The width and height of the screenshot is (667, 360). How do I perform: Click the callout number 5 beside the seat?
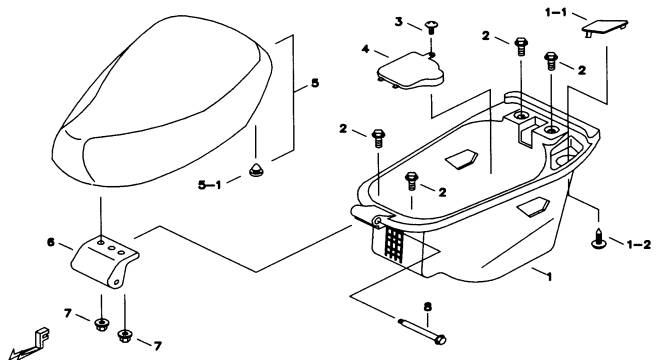pos(315,83)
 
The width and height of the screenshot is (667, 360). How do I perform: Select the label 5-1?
pos(210,185)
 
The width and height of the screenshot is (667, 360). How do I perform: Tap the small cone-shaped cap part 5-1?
pos(256,170)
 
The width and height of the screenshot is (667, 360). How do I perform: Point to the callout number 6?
pos(51,243)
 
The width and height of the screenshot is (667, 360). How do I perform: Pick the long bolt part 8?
pos(422,330)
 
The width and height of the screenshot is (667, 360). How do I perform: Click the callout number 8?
pos(428,306)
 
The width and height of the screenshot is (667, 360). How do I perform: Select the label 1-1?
pos(556,13)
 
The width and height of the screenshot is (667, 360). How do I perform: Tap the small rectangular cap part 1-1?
pos(604,28)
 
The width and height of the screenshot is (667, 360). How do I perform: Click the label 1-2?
pos(639,245)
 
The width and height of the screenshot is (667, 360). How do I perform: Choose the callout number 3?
pos(398,22)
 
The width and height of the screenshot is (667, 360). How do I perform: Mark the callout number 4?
pos(365,49)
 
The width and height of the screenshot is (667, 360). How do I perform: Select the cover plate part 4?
pos(410,71)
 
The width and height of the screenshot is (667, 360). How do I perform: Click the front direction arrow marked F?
pos(30,344)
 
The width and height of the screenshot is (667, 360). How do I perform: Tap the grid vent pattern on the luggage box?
pos(394,244)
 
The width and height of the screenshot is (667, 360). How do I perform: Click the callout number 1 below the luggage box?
pos(549,277)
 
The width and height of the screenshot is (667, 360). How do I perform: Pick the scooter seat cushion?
pos(162,101)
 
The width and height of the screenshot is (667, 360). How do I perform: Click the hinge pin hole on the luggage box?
pos(377,220)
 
